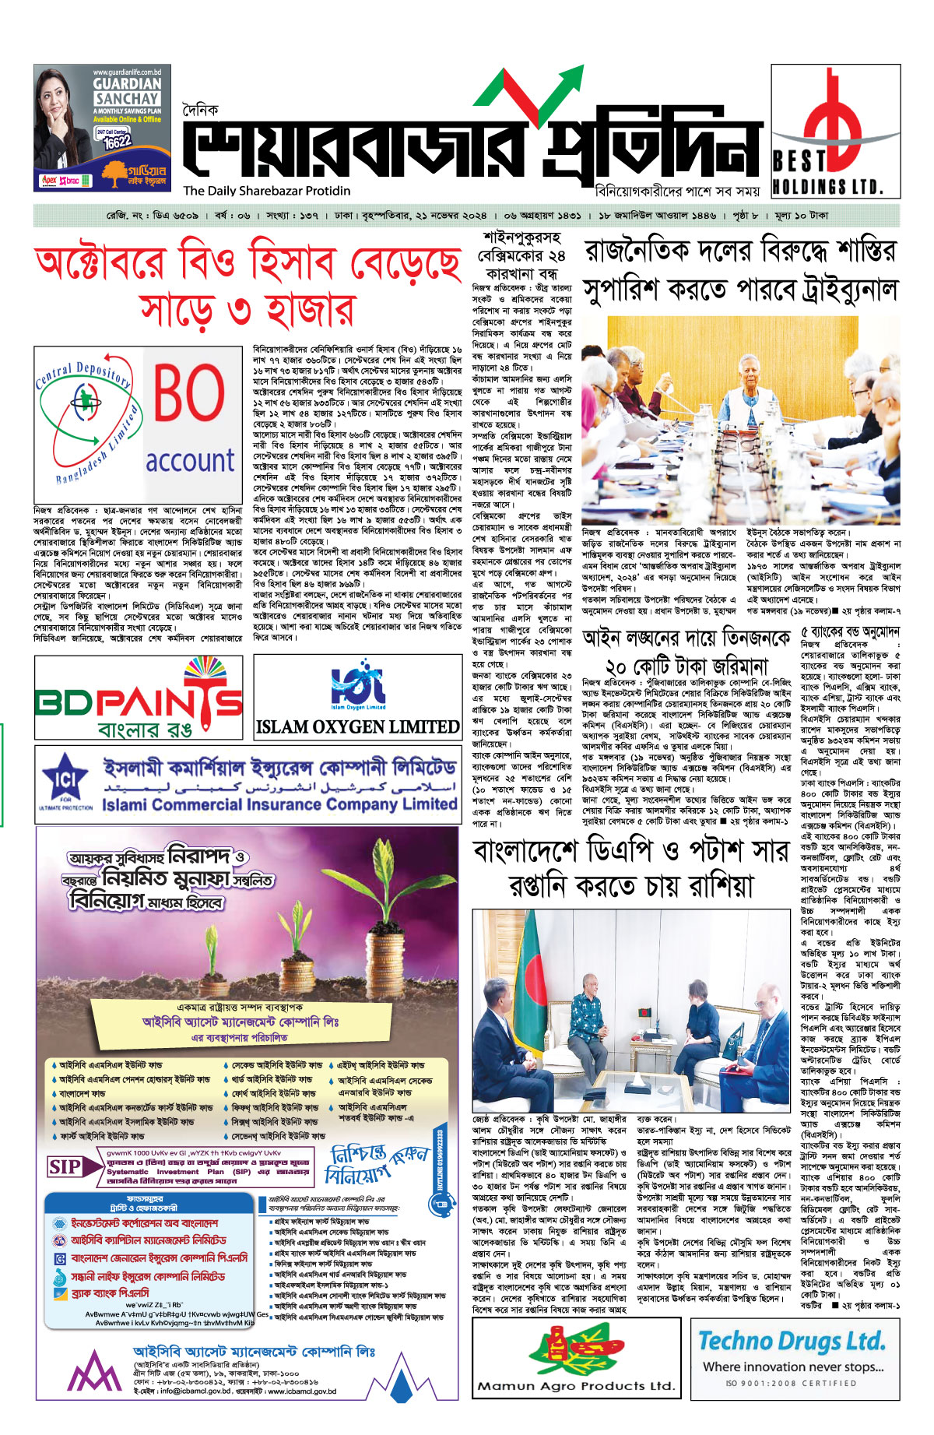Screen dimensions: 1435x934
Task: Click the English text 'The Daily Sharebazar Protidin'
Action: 267,191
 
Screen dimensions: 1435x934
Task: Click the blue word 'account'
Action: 190,460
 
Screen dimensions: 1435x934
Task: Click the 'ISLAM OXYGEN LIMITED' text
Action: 357,726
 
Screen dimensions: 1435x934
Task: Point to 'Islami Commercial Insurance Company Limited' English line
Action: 279,804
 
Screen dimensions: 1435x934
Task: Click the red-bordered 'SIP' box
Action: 65,1167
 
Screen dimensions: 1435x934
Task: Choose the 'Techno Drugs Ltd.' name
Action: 792,1341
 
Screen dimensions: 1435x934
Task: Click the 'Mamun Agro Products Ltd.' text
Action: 576,1386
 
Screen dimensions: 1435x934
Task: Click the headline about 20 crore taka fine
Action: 686,652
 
